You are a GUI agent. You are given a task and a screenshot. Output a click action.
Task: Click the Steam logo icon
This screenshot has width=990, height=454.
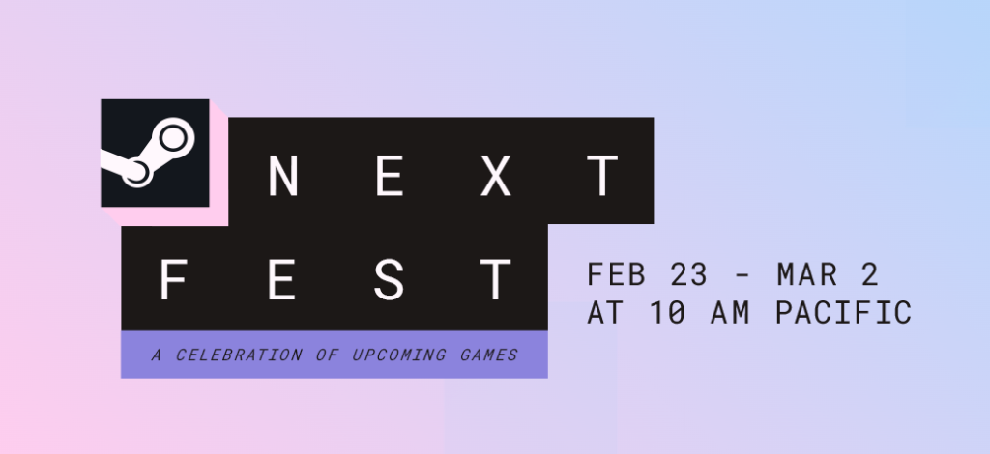155,153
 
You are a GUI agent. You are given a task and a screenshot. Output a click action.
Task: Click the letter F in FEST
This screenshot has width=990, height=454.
174,280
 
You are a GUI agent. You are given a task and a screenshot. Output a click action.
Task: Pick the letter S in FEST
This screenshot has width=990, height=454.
389,280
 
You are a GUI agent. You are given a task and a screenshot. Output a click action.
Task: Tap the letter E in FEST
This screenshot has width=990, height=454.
281,280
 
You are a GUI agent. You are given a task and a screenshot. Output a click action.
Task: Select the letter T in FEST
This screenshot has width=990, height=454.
496,280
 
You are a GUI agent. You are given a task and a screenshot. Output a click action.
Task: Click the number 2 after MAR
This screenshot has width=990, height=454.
868,275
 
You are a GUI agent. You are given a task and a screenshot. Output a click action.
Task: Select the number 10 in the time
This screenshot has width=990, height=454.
666,313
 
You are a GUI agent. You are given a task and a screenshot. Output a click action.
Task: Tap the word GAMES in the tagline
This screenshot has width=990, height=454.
488,355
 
